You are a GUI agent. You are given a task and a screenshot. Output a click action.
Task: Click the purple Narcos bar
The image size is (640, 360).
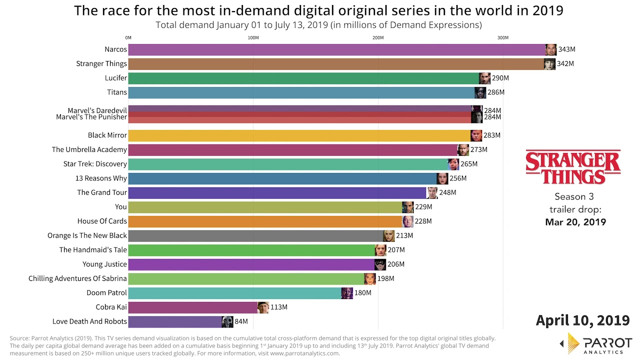click(335, 49)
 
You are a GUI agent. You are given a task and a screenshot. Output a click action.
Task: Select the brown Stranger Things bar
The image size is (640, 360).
click(335, 63)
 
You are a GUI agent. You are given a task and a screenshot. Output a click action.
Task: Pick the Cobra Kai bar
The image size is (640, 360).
click(192, 307)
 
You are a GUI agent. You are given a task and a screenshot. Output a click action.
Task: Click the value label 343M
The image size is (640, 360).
click(566, 49)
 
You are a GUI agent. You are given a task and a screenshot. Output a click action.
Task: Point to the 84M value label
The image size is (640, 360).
click(241, 321)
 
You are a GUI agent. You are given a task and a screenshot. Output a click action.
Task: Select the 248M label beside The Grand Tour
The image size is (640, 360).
click(447, 192)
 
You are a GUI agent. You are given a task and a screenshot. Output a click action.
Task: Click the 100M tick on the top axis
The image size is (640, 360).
click(253, 38)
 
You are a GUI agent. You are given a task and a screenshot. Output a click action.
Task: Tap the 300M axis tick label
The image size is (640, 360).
click(502, 38)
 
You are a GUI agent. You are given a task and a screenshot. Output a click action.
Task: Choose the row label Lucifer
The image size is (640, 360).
click(116, 78)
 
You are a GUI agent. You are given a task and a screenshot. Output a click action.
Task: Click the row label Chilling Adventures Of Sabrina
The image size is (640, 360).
click(77, 278)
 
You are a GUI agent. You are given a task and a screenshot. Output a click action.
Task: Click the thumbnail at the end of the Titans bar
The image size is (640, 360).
click(480, 92)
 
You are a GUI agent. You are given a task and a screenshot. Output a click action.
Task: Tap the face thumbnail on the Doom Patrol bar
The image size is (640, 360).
click(347, 293)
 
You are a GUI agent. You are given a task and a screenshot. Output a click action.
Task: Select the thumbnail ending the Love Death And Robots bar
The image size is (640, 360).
click(227, 321)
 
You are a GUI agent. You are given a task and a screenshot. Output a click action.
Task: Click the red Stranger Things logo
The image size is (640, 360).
click(573, 167)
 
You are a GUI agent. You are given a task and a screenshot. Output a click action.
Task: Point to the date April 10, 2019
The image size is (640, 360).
click(582, 320)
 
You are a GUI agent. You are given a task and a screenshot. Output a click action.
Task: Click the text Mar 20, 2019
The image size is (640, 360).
click(575, 222)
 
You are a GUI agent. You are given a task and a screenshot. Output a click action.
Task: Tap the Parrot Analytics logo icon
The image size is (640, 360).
click(572, 343)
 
